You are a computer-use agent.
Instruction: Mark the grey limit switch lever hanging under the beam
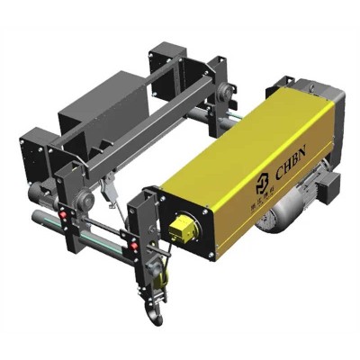(109, 189)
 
